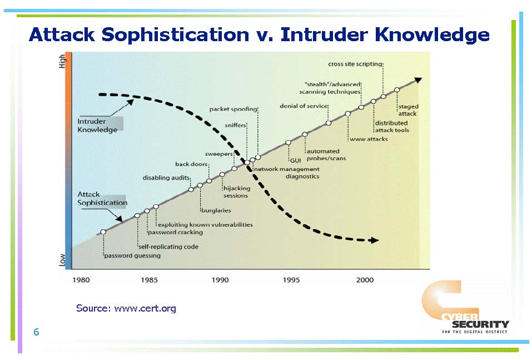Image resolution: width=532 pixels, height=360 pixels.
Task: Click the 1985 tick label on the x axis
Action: tap(150, 280)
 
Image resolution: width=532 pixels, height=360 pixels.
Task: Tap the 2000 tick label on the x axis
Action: tap(365, 280)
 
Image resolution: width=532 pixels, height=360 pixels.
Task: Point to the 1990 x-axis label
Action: tap(220, 280)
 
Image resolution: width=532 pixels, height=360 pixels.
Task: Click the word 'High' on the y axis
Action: tap(62, 61)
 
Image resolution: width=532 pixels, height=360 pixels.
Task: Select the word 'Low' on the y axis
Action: tap(62, 260)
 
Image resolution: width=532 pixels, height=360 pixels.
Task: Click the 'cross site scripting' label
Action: tap(355, 64)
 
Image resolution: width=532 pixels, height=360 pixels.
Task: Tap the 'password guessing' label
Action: tap(132, 256)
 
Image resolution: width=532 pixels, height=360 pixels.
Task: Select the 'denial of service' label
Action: tap(304, 106)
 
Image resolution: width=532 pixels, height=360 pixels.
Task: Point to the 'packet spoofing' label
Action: tap(233, 109)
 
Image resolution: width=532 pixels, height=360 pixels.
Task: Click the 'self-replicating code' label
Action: tap(168, 246)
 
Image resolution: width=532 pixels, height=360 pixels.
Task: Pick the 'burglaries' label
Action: tap(216, 210)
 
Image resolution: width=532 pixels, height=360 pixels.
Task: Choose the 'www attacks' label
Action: tap(369, 139)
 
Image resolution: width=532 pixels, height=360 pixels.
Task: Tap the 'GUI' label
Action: tap(296, 160)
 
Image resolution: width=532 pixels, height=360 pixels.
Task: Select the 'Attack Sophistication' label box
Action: tap(102, 199)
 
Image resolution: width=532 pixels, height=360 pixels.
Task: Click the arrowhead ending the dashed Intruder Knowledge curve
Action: tap(374, 240)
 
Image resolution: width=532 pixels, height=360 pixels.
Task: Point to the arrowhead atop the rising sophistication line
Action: tap(418, 80)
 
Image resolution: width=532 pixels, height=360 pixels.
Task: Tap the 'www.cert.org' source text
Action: tap(145, 308)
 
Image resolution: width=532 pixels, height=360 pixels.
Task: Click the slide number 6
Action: tap(36, 332)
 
